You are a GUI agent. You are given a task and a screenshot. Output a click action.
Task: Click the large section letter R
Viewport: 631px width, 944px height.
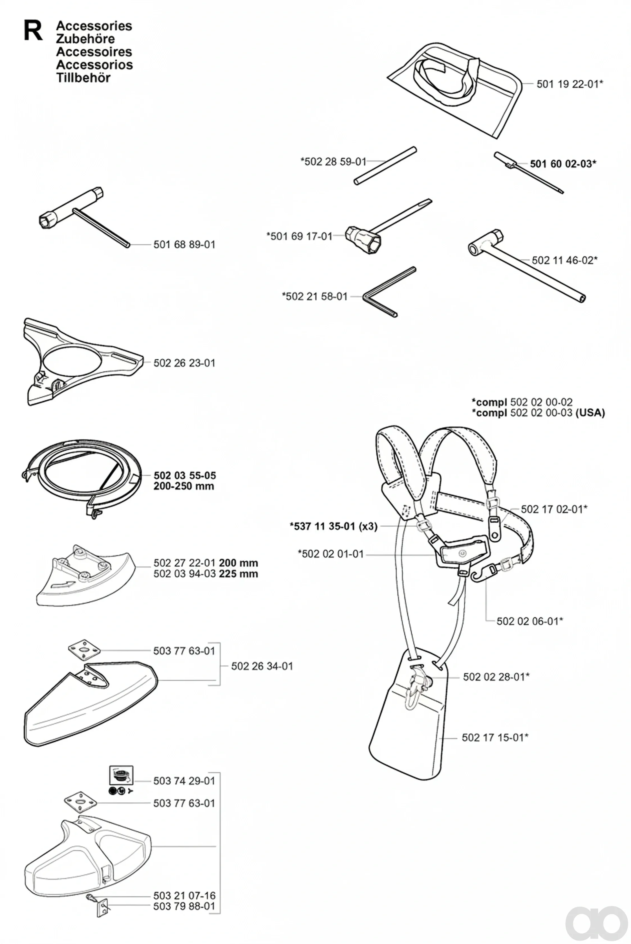pyautogui.click(x=33, y=31)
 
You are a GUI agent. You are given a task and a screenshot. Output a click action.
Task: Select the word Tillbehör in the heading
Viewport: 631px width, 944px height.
pyautogui.click(x=83, y=78)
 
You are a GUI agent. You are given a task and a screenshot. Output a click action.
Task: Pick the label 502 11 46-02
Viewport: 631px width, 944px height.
pyautogui.click(x=562, y=260)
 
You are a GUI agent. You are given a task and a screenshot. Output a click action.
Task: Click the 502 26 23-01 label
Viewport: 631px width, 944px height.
pyautogui.click(x=184, y=363)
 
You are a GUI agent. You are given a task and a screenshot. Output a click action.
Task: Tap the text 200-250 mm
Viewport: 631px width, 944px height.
pyautogui.click(x=184, y=486)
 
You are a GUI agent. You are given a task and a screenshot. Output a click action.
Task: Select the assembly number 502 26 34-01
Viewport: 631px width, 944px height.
pyautogui.click(x=262, y=666)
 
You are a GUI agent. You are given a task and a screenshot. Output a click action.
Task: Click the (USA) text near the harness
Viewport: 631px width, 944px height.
pyautogui.click(x=590, y=413)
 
